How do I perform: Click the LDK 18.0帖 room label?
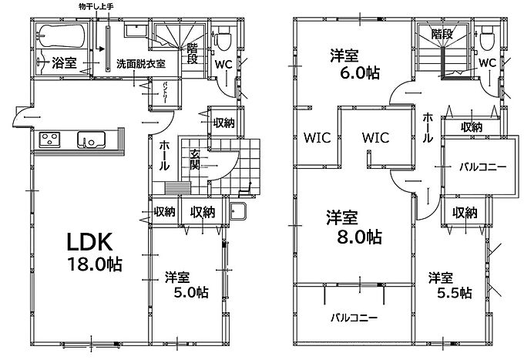95,252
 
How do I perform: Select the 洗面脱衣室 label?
141,64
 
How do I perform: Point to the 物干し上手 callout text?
96,7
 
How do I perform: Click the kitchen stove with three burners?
50,140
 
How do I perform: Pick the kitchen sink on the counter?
91,140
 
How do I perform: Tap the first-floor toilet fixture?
222,39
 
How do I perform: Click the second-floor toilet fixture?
488,39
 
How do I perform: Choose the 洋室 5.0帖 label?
186,285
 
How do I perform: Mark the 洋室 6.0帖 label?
355,65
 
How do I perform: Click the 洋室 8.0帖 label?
354,227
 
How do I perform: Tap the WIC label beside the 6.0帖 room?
317,138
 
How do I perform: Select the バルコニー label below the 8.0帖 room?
354,317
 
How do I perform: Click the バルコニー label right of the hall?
482,167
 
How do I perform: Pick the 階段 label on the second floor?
442,34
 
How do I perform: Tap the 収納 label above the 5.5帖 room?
465,212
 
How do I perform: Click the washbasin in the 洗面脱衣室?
136,30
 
